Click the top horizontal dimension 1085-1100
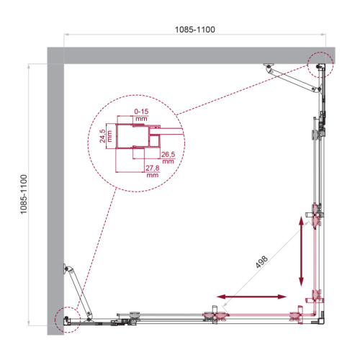coord(195,30)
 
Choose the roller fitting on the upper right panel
coord(316,132)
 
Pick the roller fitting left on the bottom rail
coord(132,315)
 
